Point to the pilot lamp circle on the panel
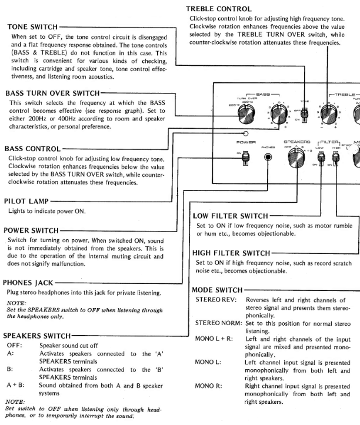246,134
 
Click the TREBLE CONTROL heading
219,9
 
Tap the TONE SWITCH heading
32,27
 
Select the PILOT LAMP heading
27,201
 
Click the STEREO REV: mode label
215,300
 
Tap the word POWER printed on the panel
246,142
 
